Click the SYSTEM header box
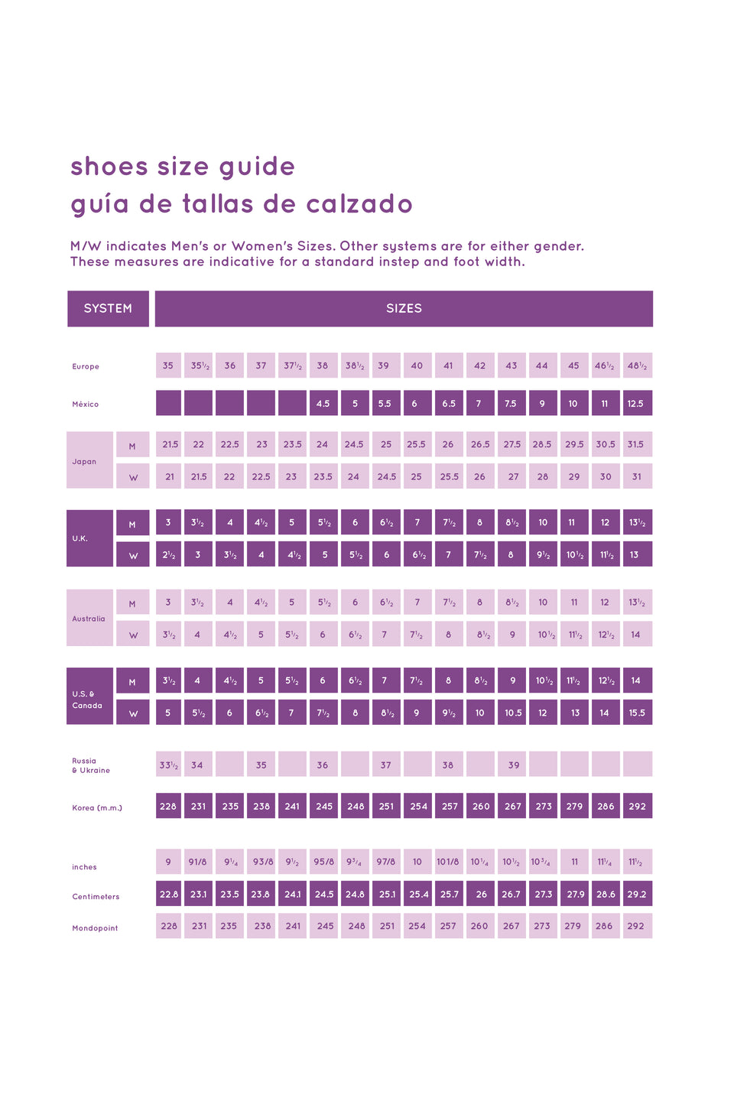coord(108,309)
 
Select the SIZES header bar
coord(404,309)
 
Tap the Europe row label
coord(86,367)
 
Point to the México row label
coord(86,404)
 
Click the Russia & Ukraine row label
coord(91,765)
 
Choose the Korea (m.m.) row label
coord(97,808)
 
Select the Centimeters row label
coord(96,897)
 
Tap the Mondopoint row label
coord(95,928)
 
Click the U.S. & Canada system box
coord(89,697)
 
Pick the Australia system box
coord(89,618)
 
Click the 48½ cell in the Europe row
coord(637,365)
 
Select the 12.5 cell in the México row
coord(636,404)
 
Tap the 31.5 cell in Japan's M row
coord(636,444)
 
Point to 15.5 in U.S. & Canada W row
coord(637,713)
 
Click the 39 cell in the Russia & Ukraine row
coord(513,765)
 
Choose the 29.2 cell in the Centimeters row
coord(637,894)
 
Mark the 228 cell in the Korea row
coord(168,806)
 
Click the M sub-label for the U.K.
coord(132,525)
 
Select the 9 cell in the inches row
coord(168,862)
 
